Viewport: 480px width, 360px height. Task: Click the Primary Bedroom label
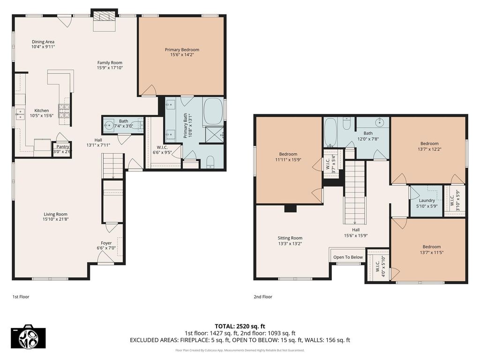182,50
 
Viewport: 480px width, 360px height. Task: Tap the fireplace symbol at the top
104,16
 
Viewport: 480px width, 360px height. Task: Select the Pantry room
62,150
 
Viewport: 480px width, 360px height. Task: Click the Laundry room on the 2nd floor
427,201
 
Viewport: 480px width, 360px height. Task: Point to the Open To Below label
348,257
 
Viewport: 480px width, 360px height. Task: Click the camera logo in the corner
28,337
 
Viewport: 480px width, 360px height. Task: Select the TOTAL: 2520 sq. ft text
240,326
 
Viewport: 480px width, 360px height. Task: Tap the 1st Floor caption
21,297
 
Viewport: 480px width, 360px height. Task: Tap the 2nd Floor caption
262,297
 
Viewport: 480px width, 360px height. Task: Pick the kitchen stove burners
64,111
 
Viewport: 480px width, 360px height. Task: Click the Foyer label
106,243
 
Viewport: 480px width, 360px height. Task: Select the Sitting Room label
290,238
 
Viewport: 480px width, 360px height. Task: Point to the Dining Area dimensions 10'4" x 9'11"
43,47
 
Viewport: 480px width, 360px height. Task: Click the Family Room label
110,63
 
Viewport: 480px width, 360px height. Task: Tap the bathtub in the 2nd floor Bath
330,132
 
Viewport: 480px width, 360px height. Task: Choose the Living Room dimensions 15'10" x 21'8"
55,219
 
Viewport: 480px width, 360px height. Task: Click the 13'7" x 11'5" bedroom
428,250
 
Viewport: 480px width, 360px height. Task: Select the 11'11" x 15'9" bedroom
289,160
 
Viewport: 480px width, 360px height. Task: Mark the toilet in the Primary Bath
210,162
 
